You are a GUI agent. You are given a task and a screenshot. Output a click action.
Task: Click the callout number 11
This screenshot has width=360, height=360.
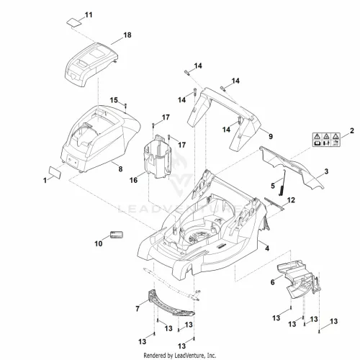[x=89, y=15]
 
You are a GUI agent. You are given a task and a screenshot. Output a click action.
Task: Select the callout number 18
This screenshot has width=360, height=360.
[x=127, y=35]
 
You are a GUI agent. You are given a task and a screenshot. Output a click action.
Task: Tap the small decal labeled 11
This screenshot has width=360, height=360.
[x=73, y=22]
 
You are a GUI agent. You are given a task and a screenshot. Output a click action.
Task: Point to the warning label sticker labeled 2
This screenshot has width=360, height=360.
[x=326, y=140]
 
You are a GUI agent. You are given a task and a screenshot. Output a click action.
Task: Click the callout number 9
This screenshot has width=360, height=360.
[x=271, y=136]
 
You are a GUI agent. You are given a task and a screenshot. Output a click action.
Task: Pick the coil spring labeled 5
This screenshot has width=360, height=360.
[x=282, y=183]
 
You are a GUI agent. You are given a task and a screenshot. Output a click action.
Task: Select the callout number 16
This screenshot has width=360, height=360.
[x=133, y=180]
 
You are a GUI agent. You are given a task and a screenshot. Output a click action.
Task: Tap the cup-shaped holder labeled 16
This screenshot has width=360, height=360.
[x=158, y=156]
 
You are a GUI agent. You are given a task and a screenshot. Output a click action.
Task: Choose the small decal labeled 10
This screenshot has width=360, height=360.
[x=117, y=235]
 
